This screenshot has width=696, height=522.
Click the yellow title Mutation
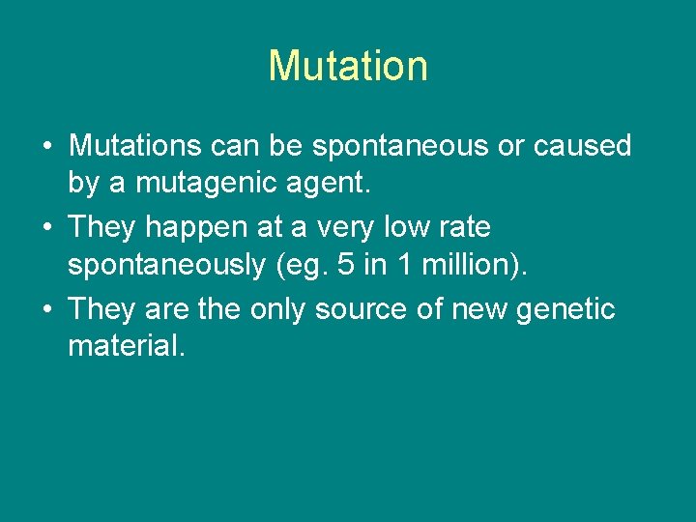pyautogui.click(x=348, y=66)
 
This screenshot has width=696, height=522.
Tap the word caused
pyautogui.click(x=583, y=146)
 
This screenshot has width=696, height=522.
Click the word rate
pyautogui.click(x=467, y=228)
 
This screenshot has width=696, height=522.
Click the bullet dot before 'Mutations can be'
pyautogui.click(x=47, y=147)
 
